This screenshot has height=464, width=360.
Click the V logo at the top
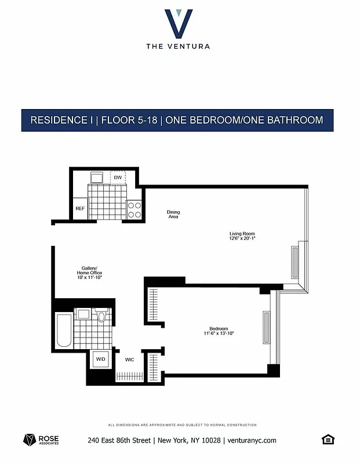(179, 23)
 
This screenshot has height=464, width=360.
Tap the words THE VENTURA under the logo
(179, 46)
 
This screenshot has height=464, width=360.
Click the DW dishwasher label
(118, 177)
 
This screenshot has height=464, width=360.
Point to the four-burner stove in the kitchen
(134, 209)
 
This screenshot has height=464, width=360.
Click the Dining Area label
(173, 214)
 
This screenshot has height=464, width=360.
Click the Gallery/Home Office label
(89, 273)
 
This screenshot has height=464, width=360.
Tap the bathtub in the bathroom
(63, 331)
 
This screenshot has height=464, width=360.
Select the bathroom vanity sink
(82, 314)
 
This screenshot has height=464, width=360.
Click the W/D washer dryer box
(101, 360)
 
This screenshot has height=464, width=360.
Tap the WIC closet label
(130, 360)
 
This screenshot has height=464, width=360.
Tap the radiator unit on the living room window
(294, 261)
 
